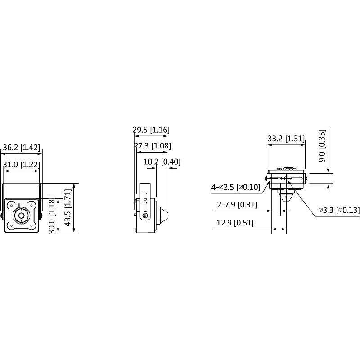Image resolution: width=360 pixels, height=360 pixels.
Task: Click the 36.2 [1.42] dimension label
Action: (22, 147)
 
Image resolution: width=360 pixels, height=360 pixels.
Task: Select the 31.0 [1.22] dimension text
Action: (22, 165)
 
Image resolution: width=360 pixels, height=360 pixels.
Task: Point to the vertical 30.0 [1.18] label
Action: (53, 216)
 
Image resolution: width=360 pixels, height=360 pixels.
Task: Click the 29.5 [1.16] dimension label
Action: (151, 130)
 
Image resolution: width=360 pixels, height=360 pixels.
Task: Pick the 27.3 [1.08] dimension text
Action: (152, 146)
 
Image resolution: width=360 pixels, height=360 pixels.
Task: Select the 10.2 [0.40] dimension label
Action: (161, 162)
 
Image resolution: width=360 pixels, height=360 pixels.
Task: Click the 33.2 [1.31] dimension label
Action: (286, 139)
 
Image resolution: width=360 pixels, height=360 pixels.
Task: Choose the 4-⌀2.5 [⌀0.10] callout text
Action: (236, 186)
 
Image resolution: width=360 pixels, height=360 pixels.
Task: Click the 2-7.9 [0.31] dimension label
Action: (237, 205)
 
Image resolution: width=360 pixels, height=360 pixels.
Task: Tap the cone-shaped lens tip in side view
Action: (163, 215)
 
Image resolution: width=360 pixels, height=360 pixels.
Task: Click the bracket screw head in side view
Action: (145, 216)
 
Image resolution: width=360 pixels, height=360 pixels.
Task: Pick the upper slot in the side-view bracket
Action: (145, 196)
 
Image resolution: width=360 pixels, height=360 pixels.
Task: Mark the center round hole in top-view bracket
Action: (286, 179)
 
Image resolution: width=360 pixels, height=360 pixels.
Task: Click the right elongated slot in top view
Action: (297, 179)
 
